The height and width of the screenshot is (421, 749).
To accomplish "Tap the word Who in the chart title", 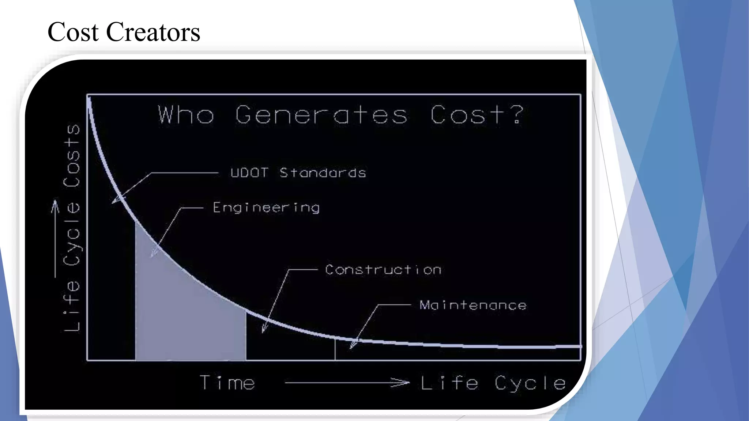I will (186, 115).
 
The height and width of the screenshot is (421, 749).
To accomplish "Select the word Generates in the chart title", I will (321, 115).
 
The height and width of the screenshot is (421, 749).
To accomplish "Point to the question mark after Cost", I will (517, 114).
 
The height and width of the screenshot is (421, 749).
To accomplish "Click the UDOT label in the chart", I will (250, 172).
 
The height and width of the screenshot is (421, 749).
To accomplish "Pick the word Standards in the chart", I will (323, 172).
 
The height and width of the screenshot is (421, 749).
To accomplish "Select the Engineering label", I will (266, 208).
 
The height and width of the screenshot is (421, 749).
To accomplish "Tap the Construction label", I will (383, 270).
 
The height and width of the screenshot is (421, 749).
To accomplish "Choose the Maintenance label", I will (473, 305).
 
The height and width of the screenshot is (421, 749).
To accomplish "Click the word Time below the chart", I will (227, 383).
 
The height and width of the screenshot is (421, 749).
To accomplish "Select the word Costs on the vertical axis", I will (72, 156).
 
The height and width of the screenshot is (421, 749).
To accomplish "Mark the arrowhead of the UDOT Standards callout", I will (116, 200).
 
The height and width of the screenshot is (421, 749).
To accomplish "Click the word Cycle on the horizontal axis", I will (530, 383).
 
